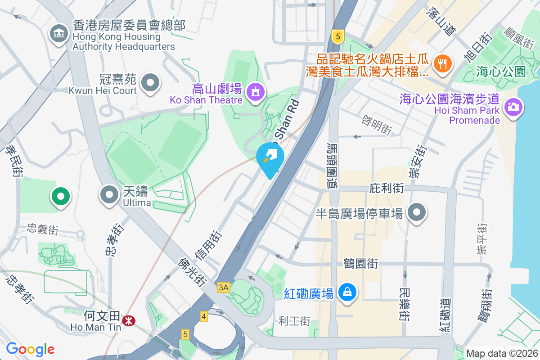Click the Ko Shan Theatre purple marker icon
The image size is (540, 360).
pyautogui.click(x=256, y=91)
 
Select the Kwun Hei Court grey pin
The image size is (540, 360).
pyautogui.click(x=150, y=83)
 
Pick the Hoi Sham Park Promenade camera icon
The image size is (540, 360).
pyautogui.click(x=513, y=107)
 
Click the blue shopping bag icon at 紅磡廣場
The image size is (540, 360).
pyautogui.click(x=347, y=292)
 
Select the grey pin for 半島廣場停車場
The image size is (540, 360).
pyautogui.click(x=417, y=212)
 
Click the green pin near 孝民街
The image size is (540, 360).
pyautogui.click(x=60, y=196)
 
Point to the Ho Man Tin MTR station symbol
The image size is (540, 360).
pyautogui.click(x=130, y=320)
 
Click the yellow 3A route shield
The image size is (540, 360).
pyautogui.click(x=223, y=287)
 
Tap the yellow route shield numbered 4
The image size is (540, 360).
pyautogui.click(x=204, y=317)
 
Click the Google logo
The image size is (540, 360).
pyautogui.click(x=31, y=349)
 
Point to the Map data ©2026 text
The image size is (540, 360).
pyautogui.click(x=501, y=353)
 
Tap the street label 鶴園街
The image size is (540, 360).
pyautogui.click(x=360, y=263)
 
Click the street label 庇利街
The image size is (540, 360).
pyautogui.click(x=386, y=188)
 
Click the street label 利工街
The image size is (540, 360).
pyautogui.click(x=295, y=321)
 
